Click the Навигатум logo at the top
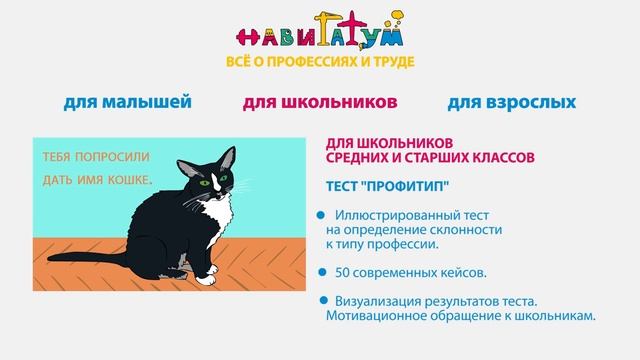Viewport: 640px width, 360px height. coord(320,34)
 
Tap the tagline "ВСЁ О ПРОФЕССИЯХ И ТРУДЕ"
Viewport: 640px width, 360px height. coord(320,62)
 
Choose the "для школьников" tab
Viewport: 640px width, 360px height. coord(319,102)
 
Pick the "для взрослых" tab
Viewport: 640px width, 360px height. coord(512,102)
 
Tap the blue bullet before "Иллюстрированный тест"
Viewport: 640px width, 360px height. coord(320,214)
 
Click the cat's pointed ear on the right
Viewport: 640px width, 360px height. coord(229,158)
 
